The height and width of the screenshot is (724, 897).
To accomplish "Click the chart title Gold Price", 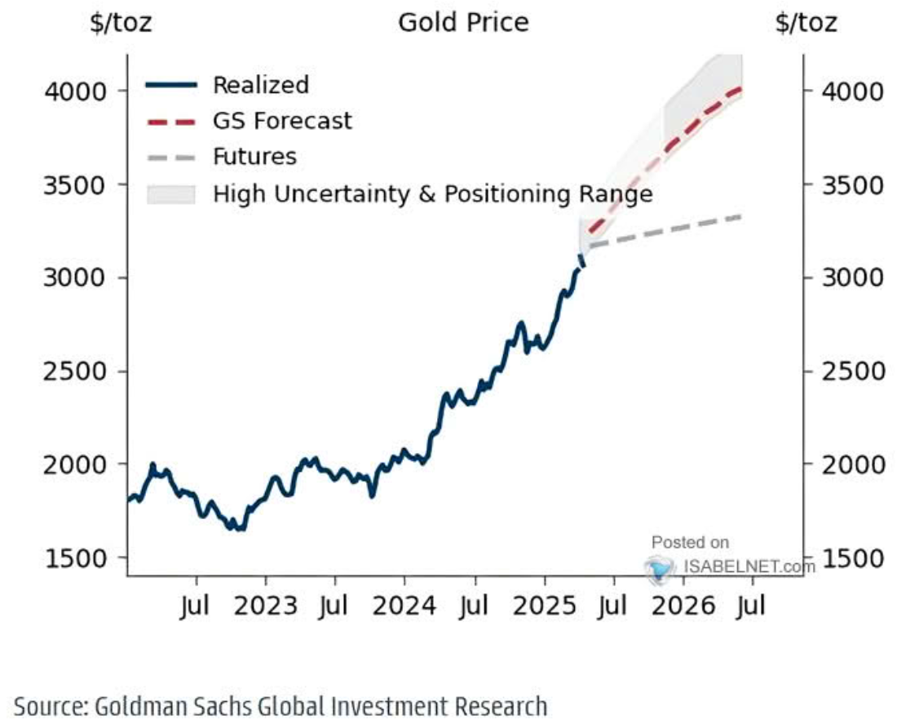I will pos(463,22).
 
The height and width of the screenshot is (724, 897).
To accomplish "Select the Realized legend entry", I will pos(261,85).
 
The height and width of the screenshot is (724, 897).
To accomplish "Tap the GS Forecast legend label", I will pos(282,121).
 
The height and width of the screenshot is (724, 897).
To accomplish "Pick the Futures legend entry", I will pos(254,157).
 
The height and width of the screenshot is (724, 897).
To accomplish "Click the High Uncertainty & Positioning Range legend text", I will pos(432,194).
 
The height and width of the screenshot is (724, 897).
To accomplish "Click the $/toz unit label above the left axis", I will pos(121,22).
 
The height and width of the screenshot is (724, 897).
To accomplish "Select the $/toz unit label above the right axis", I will pos(806,22).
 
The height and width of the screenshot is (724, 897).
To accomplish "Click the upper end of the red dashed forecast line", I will pos(739,88).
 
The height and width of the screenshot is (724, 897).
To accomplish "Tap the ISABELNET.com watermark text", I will pos(749,566).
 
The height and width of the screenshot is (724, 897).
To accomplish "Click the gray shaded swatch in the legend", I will pos(171,194).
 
